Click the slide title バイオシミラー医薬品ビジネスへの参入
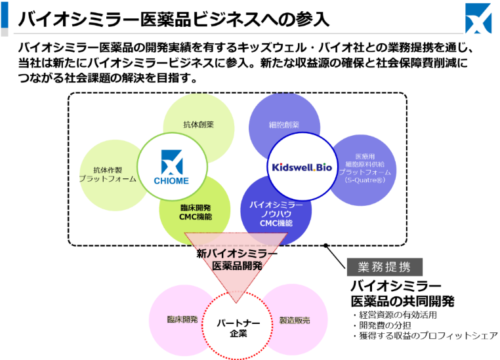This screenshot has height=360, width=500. click(x=174, y=18)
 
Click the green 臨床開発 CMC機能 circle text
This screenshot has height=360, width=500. click(x=196, y=212)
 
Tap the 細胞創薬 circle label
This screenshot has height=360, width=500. click(x=284, y=124)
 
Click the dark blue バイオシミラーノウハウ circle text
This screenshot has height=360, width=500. click(x=276, y=214)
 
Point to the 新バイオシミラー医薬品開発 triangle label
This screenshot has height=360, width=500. click(x=237, y=260)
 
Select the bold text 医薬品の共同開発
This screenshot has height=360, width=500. click(x=402, y=302)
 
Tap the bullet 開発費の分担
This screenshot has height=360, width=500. click(x=385, y=325)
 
